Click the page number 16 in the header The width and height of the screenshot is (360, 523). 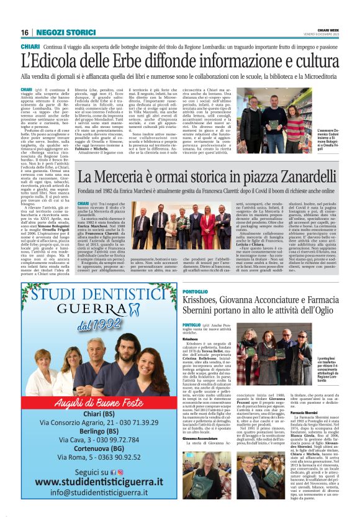point(25,32)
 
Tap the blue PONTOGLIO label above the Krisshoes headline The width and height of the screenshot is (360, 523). point(214,291)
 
